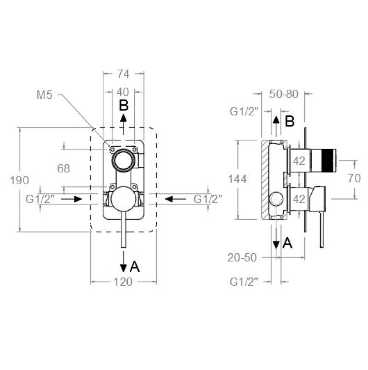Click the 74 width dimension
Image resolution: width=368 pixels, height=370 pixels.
(123, 74)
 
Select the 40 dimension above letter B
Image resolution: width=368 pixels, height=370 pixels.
(123, 92)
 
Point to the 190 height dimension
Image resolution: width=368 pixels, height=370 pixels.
(20, 180)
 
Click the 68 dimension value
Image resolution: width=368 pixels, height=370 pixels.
(63, 168)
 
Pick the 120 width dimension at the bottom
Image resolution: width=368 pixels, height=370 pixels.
(123, 282)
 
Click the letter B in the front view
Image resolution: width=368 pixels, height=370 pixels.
(124, 105)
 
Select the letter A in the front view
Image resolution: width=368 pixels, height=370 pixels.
(135, 267)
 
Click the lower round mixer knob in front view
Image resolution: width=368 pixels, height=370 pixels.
(123, 199)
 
